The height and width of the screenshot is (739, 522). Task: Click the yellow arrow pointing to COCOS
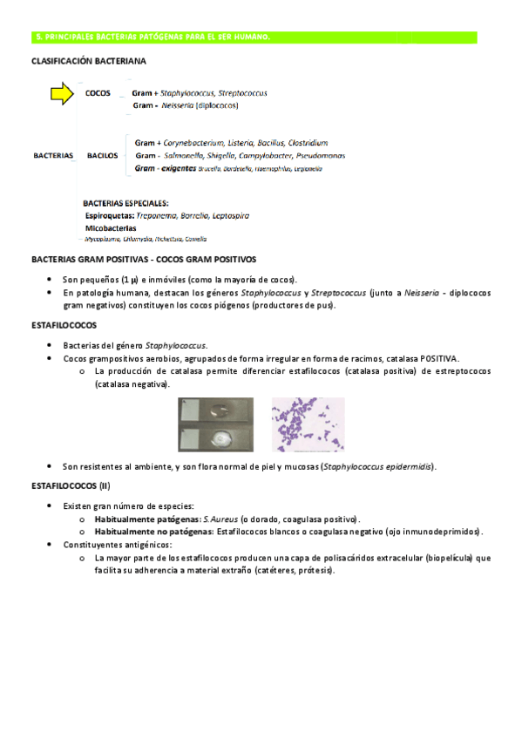pos(62,94)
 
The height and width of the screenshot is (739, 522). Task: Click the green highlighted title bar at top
pos(254,37)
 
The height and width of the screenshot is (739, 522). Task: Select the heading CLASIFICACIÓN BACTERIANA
pos(88,62)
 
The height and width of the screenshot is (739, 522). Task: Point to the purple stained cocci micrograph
pos(307,424)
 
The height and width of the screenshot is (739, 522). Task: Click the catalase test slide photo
pos(215,424)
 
